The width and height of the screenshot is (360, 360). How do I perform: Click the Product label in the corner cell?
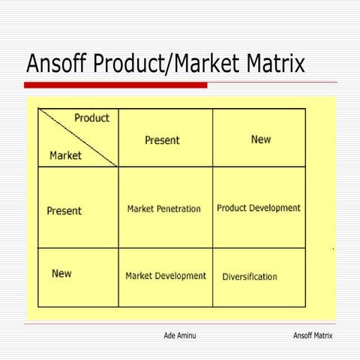[x=91, y=118]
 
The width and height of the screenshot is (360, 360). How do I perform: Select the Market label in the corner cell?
[x=66, y=156]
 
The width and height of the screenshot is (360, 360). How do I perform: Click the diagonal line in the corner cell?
[x=79, y=138]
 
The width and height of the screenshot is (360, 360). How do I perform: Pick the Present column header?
[x=162, y=140]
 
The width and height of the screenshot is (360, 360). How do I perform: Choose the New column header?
[x=261, y=139]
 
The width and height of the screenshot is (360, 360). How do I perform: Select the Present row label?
[x=64, y=211]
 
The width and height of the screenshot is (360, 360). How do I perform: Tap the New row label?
[x=61, y=274]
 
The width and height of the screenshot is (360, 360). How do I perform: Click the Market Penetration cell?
[x=163, y=208]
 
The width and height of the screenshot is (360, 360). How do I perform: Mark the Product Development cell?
[x=259, y=208]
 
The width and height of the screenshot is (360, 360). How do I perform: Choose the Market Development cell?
[x=165, y=276]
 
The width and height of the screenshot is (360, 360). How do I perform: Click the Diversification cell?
[x=250, y=277]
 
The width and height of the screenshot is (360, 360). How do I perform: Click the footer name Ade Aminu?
[x=180, y=335]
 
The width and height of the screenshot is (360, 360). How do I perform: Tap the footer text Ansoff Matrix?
[x=312, y=335]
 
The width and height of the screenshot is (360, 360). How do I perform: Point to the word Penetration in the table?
[x=179, y=208]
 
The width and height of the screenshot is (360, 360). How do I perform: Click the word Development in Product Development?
[x=274, y=208]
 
